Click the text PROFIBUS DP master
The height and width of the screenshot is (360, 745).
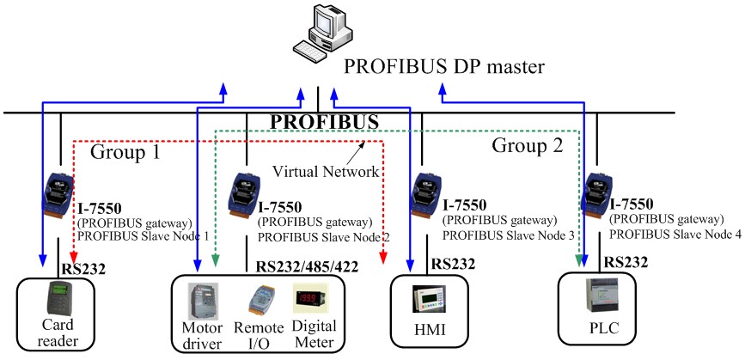coord(445,66)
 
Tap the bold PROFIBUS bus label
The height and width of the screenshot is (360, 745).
coord(326,121)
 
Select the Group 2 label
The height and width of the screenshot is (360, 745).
coord(527,145)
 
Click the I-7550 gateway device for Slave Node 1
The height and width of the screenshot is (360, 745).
coord(59,197)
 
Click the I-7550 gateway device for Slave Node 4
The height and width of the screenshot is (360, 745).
coord(598,197)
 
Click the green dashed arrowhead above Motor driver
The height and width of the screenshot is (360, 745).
coord(217,259)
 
